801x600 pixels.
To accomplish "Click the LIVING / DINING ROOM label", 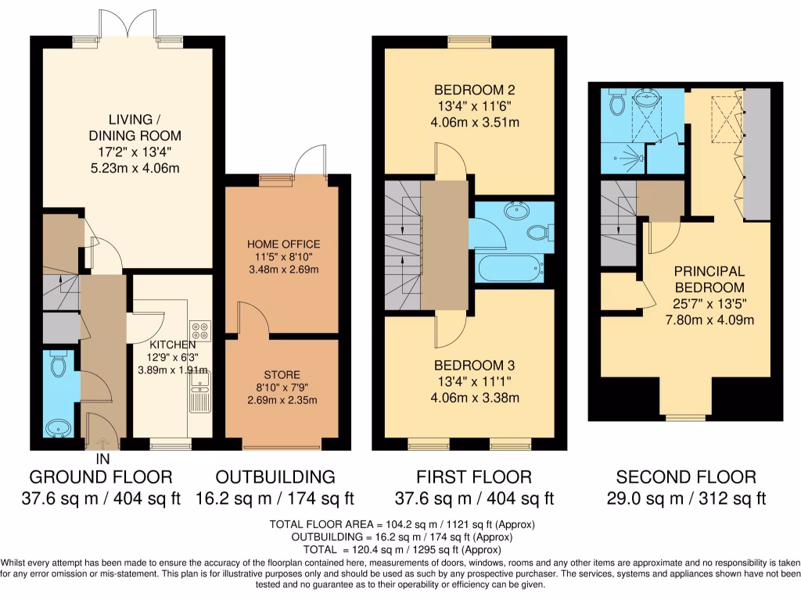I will pos(130,127).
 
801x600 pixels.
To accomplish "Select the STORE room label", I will pos(282,375).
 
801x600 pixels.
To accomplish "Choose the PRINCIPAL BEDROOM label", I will pos(709,279).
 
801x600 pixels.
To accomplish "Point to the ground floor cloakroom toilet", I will pos(58,365).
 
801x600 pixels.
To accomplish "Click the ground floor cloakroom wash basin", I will pos(57,428).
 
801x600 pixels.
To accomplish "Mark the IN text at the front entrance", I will pos(102,460).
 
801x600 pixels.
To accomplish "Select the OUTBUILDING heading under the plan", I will pos(275,477).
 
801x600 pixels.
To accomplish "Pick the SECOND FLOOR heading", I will pos(686,477).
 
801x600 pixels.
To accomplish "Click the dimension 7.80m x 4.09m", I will pos(709,320).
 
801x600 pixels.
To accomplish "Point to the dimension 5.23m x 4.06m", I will pos(130,168).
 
